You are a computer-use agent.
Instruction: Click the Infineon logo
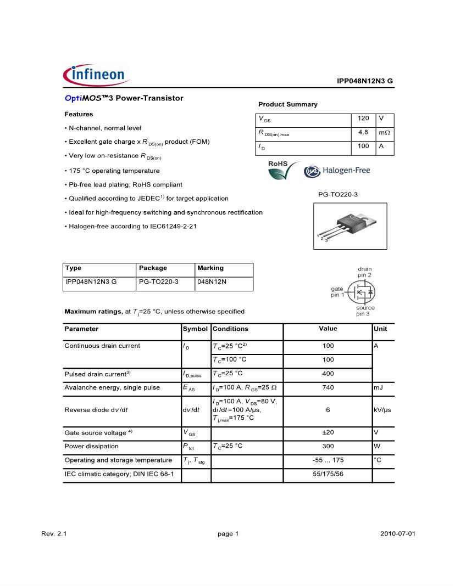coord(95,75)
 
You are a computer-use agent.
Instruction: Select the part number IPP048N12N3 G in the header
coord(364,81)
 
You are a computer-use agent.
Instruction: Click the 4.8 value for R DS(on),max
coord(363,132)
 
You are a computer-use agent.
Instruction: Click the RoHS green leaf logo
coord(284,170)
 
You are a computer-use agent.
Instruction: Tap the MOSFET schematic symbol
coord(363,292)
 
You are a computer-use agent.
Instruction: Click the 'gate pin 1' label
coord(337,292)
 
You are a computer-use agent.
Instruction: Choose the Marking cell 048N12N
coord(212,282)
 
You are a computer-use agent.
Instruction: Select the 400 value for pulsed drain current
coord(328,374)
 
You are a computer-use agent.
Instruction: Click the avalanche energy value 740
coord(328,387)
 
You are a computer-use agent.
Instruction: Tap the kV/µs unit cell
coord(382,410)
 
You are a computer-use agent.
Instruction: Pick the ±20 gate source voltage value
coord(328,432)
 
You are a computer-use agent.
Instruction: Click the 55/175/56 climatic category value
coord(328,474)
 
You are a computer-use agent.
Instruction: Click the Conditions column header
coord(230,329)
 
